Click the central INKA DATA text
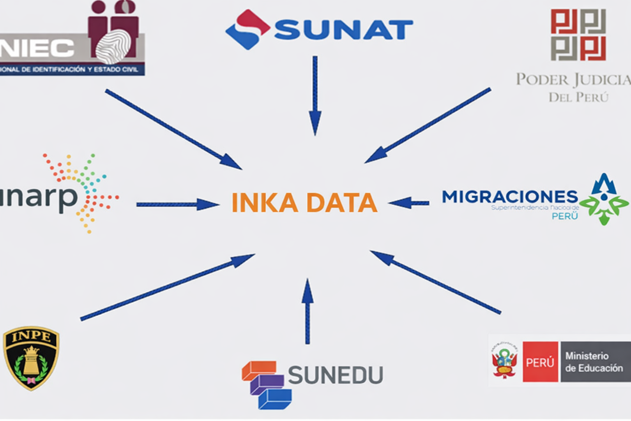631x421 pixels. [304, 202]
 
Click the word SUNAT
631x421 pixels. [343, 30]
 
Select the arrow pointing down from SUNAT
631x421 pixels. [315, 95]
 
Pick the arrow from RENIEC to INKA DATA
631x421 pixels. [173, 129]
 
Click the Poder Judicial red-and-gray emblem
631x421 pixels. [578, 35]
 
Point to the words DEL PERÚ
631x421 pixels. [578, 97]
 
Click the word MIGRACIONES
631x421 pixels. [510, 197]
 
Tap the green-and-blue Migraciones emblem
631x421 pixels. [604, 200]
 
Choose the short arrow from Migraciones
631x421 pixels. [409, 203]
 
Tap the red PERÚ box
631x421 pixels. [540, 362]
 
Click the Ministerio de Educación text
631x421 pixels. [594, 362]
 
